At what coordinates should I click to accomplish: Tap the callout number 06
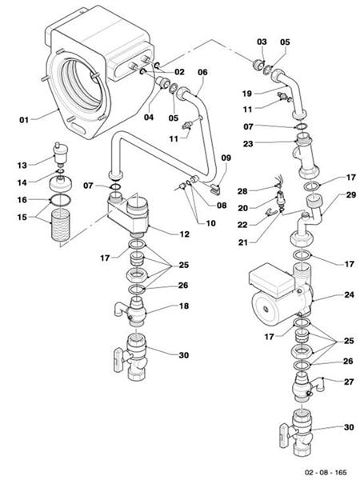pos(202,72)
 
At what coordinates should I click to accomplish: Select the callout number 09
pos(226,158)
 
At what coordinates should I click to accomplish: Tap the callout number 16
pos(22,199)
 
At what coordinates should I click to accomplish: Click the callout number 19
pos(248,93)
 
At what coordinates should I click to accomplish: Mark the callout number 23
pos(248,144)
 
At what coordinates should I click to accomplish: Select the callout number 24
pos(349,295)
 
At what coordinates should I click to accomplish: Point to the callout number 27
pos(349,382)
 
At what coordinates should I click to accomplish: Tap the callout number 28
pos(242,190)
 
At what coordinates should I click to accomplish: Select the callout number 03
pos(261,41)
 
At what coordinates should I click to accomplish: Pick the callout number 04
pos(148,118)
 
